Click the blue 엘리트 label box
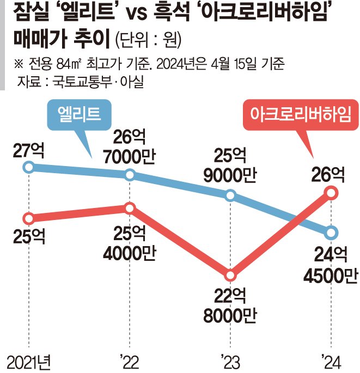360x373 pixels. pos(79,115)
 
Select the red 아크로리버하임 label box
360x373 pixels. pos(301,115)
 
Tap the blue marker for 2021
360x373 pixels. pos(28,167)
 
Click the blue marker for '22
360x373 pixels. pos(130,175)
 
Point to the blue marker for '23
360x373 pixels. pos(230,195)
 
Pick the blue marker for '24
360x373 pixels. pos(331,233)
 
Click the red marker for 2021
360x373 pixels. pos(28,218)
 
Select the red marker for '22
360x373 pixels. pos(130,209)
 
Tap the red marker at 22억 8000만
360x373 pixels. pos(230,276)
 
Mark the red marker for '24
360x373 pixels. pos(331,193)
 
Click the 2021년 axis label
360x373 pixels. pos(29,363)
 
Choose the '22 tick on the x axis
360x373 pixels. pos(130,362)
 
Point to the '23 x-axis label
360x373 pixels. pos(230,362)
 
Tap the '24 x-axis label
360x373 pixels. pos(331,362)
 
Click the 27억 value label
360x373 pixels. pos(28,150)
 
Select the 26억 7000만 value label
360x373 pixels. pos(130,146)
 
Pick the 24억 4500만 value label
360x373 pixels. pos(331,265)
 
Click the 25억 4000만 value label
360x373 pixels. pos(130,243)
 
